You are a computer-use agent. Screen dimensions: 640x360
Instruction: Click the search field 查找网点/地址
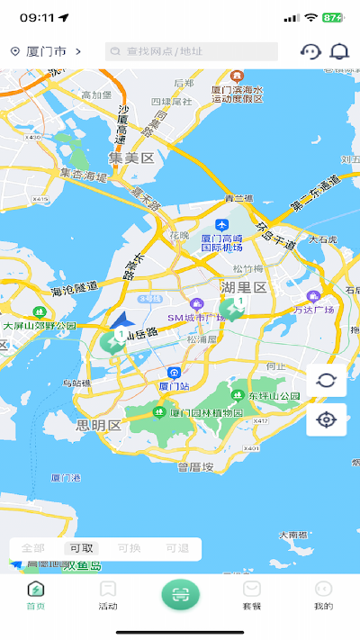tap(191, 52)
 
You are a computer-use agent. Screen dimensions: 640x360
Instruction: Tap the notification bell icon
tap(339, 52)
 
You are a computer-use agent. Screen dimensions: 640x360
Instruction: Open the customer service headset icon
tap(310, 52)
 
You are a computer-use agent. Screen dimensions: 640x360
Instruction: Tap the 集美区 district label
tap(131, 158)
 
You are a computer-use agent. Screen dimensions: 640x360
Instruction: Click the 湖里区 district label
tap(244, 287)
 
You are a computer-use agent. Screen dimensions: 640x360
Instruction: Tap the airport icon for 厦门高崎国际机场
tap(221, 225)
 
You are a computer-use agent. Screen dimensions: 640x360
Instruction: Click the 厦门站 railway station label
tap(174, 385)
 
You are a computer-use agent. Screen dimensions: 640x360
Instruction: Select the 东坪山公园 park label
tap(273, 396)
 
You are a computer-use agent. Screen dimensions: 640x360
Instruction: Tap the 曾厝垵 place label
tap(195, 466)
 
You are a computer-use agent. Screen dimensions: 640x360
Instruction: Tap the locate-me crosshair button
tap(326, 419)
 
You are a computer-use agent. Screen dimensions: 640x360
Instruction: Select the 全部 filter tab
tap(33, 549)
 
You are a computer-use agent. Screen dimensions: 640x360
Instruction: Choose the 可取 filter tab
tap(81, 549)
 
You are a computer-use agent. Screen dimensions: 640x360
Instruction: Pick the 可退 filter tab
tap(177, 549)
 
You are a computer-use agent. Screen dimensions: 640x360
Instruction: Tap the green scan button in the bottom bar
tap(180, 594)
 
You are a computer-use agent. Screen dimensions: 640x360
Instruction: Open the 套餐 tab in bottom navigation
tap(252, 595)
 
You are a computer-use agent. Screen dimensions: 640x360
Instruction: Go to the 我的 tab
tap(323, 595)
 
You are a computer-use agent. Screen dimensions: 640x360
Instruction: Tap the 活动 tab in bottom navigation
tap(108, 595)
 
